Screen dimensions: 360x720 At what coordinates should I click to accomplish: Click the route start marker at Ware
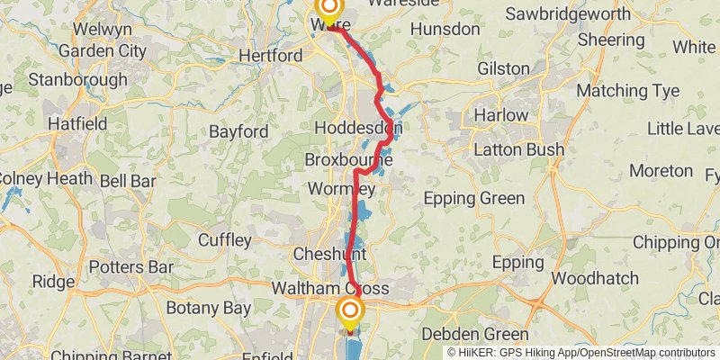327,11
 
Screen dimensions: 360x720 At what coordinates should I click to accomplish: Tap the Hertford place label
271,56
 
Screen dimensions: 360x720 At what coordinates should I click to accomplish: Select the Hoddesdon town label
358,129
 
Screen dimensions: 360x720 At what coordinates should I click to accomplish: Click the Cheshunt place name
328,255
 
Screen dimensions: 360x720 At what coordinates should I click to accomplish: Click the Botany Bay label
208,308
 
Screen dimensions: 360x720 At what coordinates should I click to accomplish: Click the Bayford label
238,131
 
